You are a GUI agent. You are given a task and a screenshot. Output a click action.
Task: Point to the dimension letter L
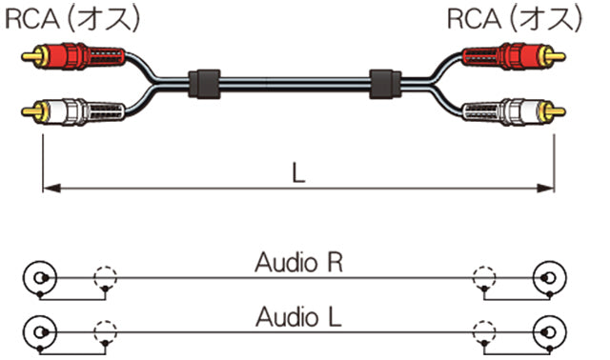click(x=298, y=171)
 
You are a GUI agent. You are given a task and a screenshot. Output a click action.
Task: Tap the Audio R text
click(x=298, y=263)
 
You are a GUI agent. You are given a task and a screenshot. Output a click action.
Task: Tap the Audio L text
click(x=298, y=315)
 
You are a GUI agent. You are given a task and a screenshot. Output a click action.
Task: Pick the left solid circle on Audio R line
click(x=38, y=280)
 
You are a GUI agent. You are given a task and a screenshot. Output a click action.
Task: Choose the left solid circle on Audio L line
click(x=38, y=332)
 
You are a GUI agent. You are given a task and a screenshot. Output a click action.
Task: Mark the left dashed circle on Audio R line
click(x=104, y=280)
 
